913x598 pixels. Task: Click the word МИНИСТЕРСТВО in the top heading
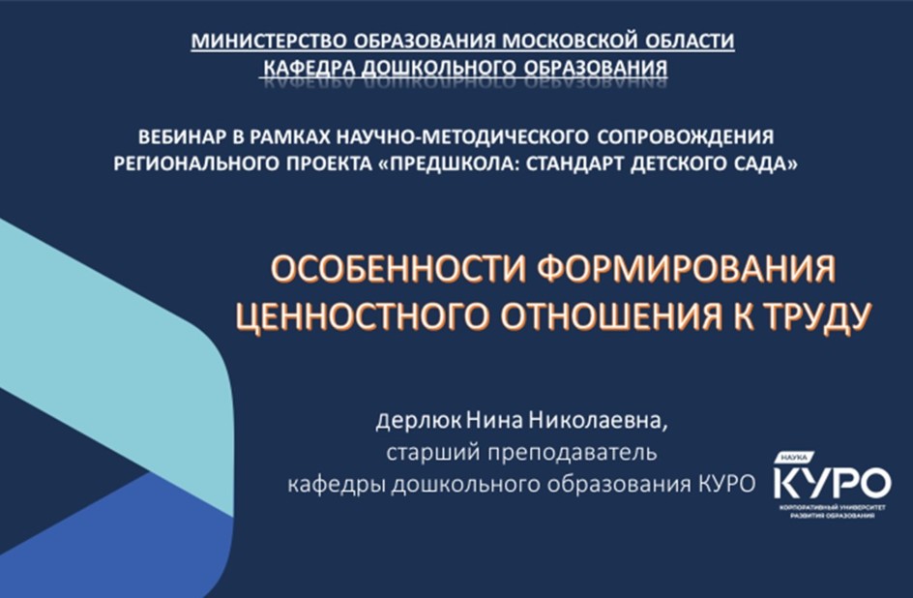click(x=271, y=42)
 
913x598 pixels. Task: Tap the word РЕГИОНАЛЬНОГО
click(x=195, y=164)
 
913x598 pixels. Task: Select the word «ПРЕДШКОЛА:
click(x=449, y=164)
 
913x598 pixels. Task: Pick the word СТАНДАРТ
click(x=575, y=164)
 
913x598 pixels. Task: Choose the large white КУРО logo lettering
click(x=832, y=482)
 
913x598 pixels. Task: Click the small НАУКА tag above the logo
click(x=793, y=458)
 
